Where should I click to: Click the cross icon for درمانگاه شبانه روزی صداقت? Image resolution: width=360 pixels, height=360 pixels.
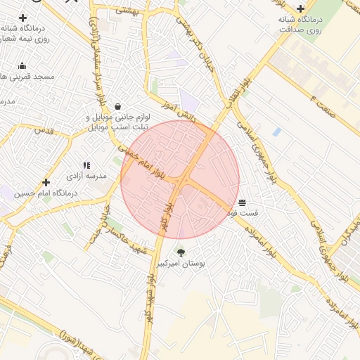301,9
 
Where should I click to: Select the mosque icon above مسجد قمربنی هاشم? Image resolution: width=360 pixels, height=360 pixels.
22,65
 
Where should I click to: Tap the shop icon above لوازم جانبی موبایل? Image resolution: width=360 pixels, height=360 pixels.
117,98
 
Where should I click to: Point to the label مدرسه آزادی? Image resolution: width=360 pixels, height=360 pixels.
87,176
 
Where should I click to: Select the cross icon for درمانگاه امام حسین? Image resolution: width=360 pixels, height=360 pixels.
46,182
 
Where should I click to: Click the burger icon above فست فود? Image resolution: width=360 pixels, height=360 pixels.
243,202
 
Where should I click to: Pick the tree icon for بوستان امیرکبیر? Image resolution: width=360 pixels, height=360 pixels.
181,252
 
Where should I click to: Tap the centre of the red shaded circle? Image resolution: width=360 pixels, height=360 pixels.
180,179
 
